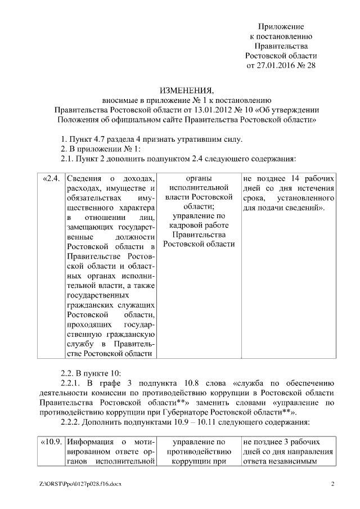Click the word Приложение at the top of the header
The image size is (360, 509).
click(x=281, y=26)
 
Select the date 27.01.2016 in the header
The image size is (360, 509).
click(x=275, y=65)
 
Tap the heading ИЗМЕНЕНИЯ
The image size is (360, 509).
click(x=186, y=91)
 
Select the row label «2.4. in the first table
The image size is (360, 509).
click(x=51, y=179)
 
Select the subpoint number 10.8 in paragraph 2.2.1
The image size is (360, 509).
click(x=169, y=383)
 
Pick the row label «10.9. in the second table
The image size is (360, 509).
click(x=51, y=443)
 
